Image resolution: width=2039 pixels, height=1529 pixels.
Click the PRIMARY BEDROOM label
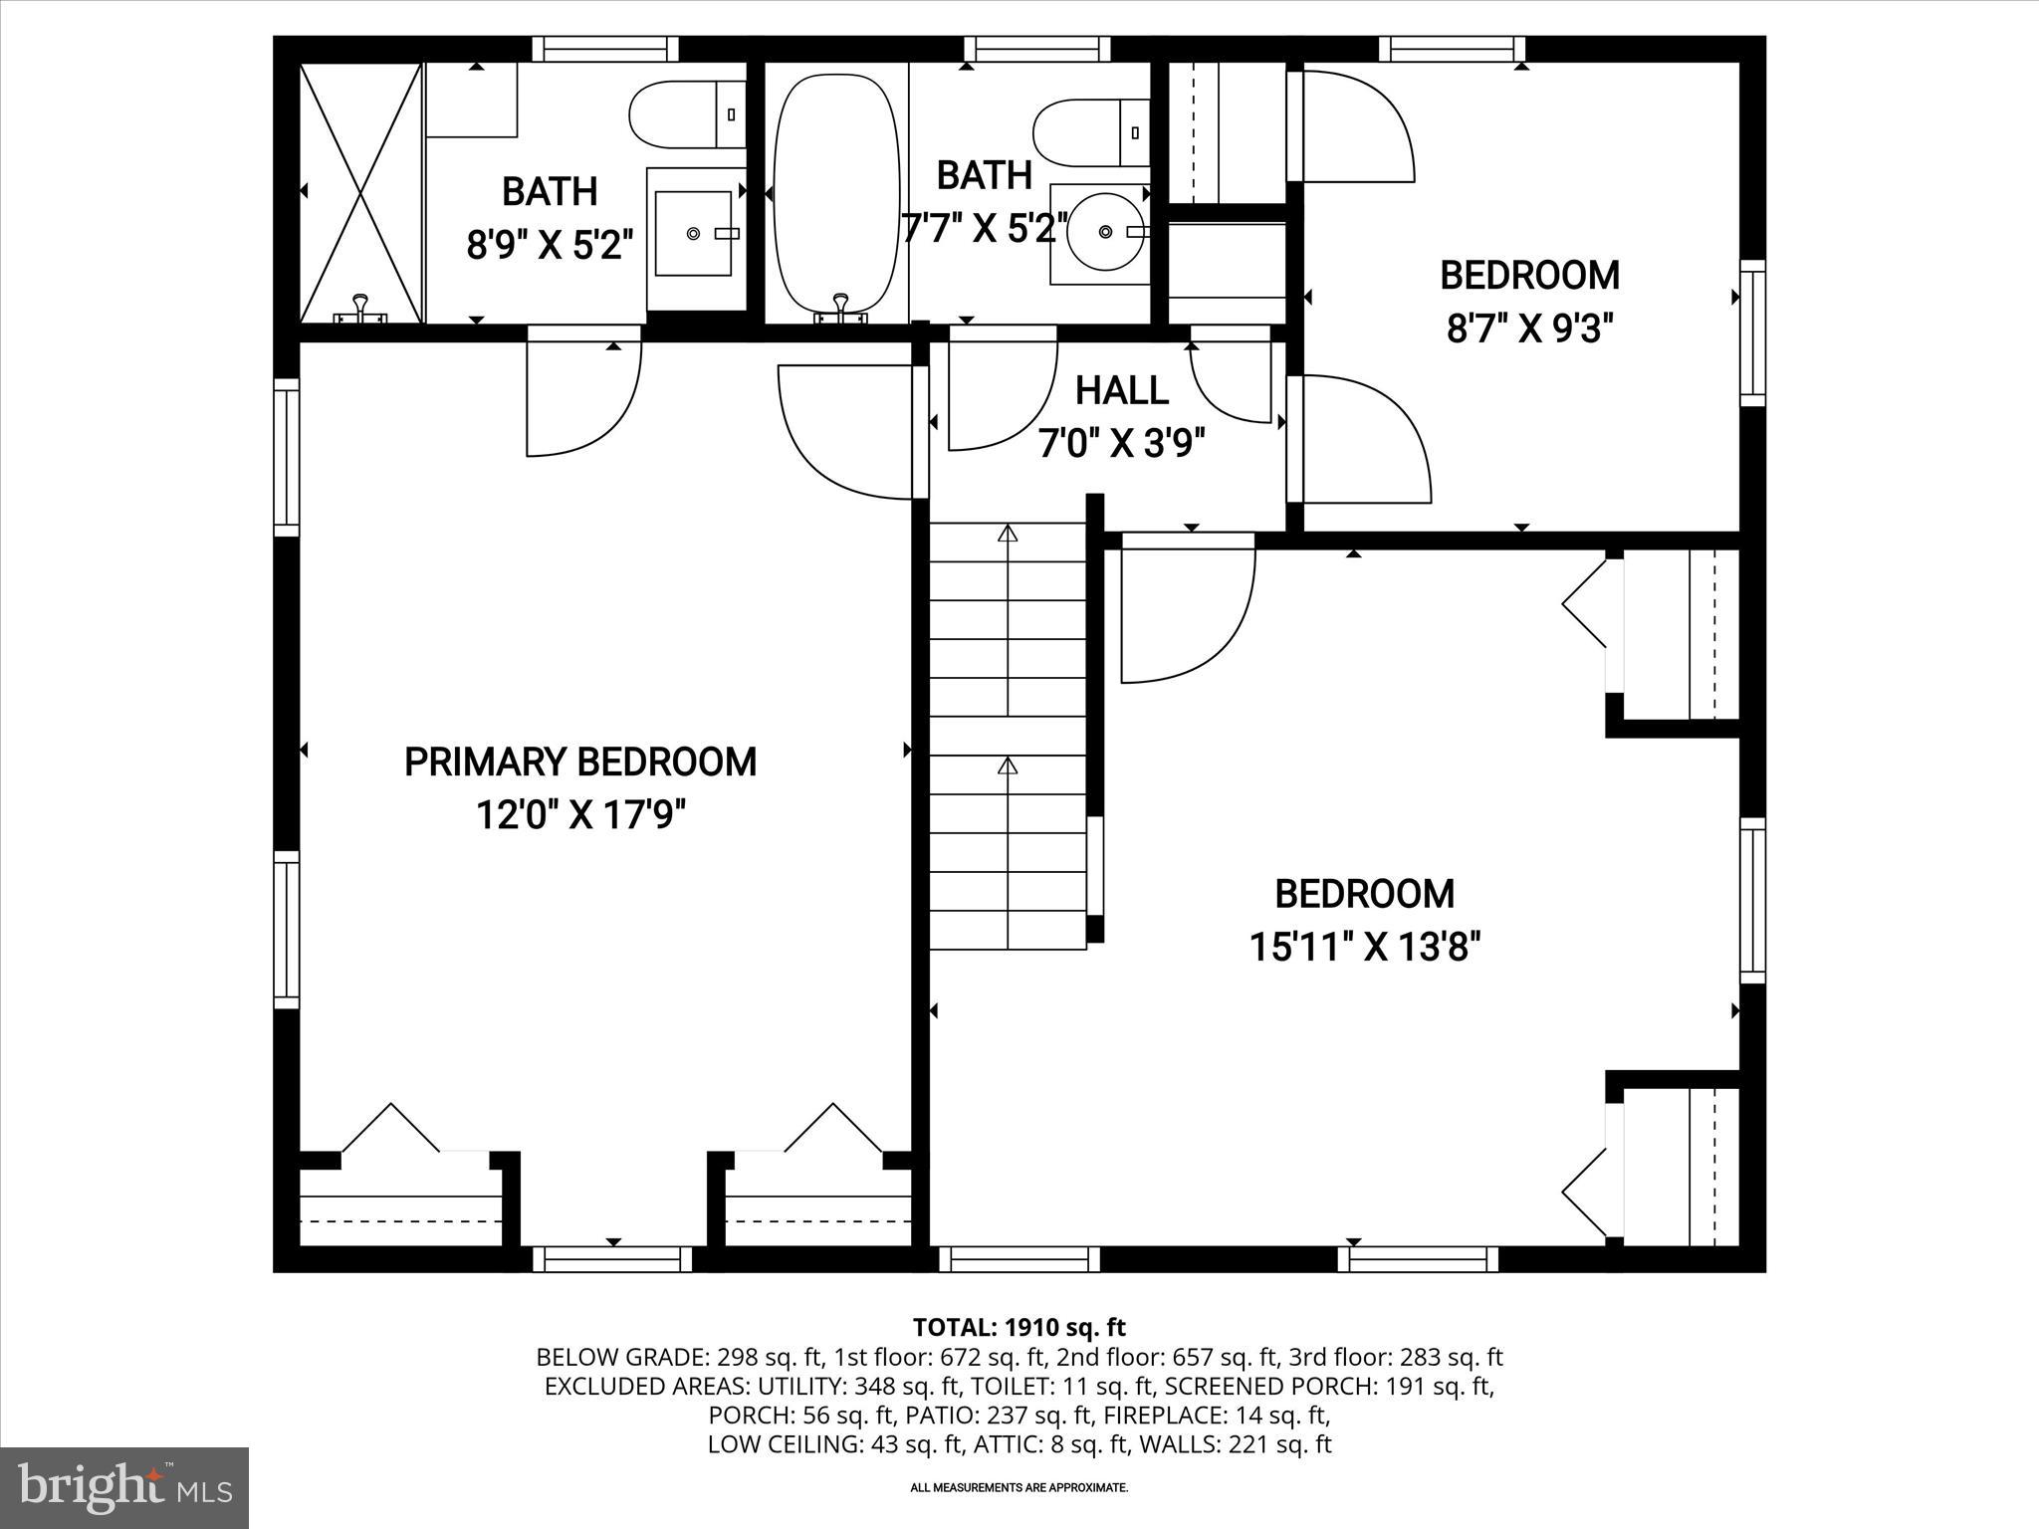pos(579,763)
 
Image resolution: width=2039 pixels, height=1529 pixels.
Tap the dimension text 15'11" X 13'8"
pos(1365,947)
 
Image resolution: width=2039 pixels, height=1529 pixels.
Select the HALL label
pos(1121,390)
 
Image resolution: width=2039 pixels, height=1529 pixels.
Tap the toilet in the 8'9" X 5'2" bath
pos(687,114)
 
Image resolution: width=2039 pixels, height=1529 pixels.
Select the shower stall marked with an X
pos(361,192)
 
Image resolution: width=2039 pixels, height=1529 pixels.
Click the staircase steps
pos(1008,737)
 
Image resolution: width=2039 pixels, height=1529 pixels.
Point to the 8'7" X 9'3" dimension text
pos(1529,328)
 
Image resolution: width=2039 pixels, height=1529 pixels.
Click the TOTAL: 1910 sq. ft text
pos(1019,1327)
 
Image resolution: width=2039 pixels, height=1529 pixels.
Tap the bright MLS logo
pos(124,1487)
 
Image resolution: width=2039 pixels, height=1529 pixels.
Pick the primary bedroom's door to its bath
pos(582,393)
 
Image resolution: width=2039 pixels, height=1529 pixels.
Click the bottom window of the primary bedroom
pos(612,1259)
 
